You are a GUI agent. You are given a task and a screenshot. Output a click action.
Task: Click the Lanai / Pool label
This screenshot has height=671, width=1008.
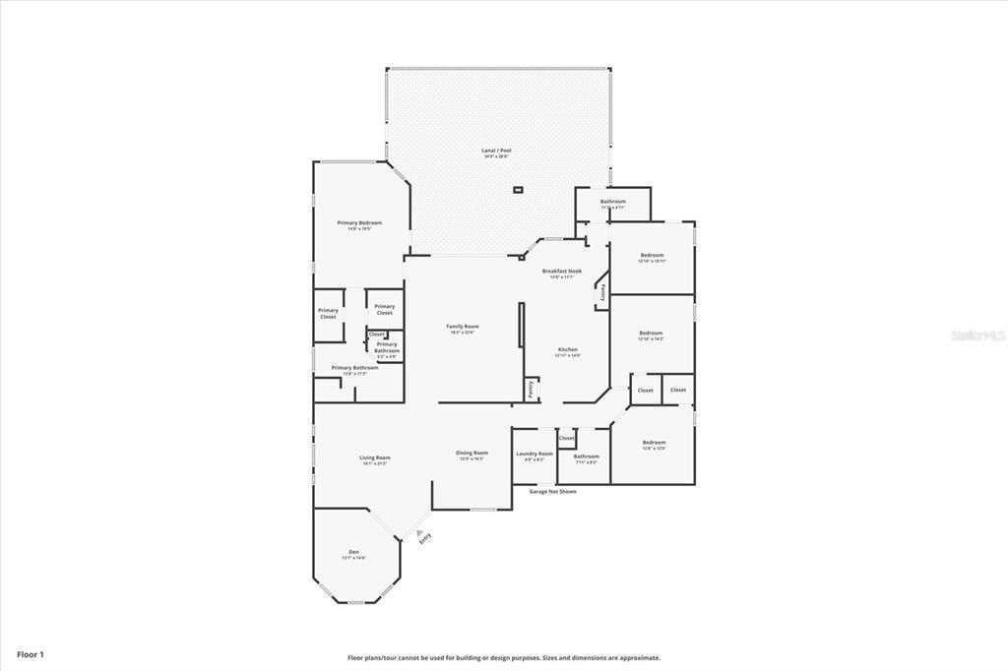click(497, 151)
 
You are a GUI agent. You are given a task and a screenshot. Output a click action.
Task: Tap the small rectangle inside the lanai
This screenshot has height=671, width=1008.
click(518, 189)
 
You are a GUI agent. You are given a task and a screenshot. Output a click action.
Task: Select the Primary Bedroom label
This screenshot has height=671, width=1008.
click(359, 223)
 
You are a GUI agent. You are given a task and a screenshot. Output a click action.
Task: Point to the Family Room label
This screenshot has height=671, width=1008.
click(462, 327)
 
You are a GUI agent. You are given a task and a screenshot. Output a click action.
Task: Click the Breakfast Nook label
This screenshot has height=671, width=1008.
click(561, 272)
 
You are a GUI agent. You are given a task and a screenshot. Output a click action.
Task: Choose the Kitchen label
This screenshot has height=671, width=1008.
click(568, 350)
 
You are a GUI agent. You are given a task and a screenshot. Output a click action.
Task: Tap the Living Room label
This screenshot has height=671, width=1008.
click(374, 457)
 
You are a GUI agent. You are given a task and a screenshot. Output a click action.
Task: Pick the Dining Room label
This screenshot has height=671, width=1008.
click(472, 454)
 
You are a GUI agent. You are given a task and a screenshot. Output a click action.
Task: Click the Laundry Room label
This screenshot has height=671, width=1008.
click(535, 454)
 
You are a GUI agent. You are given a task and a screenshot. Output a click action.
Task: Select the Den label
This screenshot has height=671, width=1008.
click(353, 552)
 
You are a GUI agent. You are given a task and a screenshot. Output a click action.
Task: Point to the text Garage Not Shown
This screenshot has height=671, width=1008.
click(552, 491)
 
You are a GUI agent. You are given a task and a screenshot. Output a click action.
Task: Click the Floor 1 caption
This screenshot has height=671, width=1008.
click(31, 654)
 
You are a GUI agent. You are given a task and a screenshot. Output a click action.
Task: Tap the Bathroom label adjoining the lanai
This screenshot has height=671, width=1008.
click(612, 202)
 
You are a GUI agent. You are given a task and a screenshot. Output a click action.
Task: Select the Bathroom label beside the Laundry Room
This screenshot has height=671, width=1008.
click(587, 456)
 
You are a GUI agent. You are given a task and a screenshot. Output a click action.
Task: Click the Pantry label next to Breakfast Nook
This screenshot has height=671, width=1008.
click(602, 292)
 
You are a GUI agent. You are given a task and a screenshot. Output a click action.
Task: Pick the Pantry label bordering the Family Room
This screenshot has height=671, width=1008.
click(532, 389)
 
